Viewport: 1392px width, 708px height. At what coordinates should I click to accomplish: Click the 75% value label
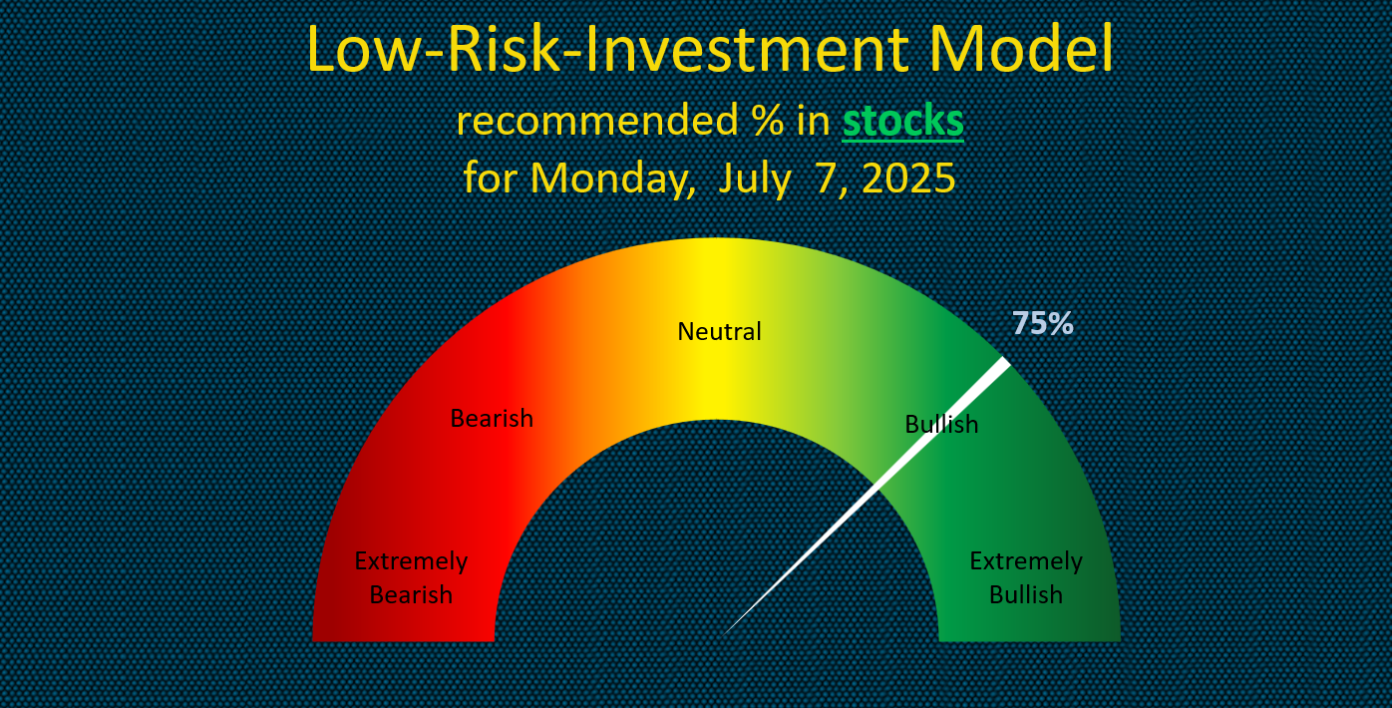(1042, 323)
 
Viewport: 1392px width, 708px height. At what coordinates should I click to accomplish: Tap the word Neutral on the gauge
(719, 331)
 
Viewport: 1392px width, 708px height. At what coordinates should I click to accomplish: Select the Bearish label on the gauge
(492, 419)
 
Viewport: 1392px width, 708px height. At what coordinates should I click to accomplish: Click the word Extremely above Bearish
(411, 561)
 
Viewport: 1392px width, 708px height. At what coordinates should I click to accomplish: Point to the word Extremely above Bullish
(1026, 561)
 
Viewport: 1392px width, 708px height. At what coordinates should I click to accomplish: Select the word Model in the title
(1022, 49)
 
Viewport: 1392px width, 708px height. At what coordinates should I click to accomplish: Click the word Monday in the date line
(612, 179)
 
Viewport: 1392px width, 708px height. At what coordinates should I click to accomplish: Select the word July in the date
(755, 179)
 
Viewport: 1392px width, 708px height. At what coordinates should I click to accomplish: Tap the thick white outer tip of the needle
(1006, 362)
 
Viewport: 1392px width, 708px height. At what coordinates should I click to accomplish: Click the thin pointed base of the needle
(726, 633)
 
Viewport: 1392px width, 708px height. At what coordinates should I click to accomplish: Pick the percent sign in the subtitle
(768, 120)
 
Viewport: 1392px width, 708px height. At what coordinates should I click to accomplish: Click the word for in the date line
(490, 177)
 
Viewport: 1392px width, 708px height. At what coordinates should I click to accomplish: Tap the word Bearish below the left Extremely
(411, 595)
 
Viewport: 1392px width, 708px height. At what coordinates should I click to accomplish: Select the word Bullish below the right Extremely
(1026, 595)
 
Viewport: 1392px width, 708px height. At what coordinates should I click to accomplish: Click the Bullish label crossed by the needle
(941, 425)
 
